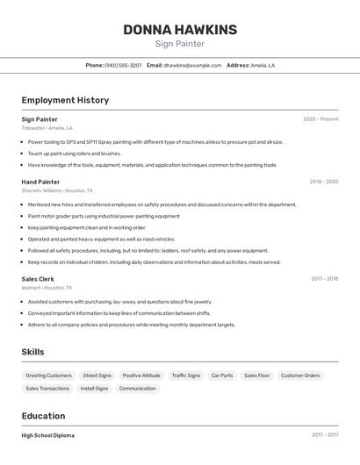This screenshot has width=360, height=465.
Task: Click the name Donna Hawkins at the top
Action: point(180,30)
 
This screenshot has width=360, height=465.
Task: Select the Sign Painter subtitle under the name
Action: point(180,44)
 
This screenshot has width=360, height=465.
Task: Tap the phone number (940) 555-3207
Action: point(123,65)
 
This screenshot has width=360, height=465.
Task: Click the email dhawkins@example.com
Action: point(192,65)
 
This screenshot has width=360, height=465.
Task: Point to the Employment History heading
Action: point(65,100)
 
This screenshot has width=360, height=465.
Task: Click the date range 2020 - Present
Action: point(320,119)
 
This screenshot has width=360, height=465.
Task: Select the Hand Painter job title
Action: point(40,182)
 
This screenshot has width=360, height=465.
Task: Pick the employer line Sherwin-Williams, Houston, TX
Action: point(57,190)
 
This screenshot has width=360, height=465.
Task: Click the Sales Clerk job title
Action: point(38,279)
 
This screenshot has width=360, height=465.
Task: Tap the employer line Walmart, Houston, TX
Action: point(47,288)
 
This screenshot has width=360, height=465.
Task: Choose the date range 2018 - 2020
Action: point(323,182)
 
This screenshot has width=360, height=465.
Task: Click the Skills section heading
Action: point(33,352)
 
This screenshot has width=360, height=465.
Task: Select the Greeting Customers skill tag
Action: point(49,376)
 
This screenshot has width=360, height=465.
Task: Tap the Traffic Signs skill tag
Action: point(186,376)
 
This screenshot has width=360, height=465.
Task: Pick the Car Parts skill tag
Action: point(222,376)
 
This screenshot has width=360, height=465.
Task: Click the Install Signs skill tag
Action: point(94,388)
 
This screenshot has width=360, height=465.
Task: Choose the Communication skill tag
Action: point(137,388)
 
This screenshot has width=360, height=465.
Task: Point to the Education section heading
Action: point(43,416)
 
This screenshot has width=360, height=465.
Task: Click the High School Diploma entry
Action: point(48,435)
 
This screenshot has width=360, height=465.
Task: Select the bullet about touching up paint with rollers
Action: point(75,153)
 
